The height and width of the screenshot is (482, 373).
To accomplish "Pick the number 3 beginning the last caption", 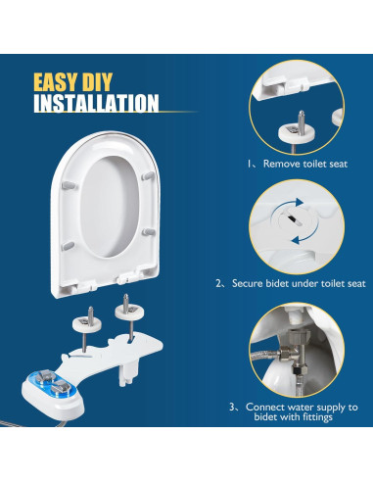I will [232, 406].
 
